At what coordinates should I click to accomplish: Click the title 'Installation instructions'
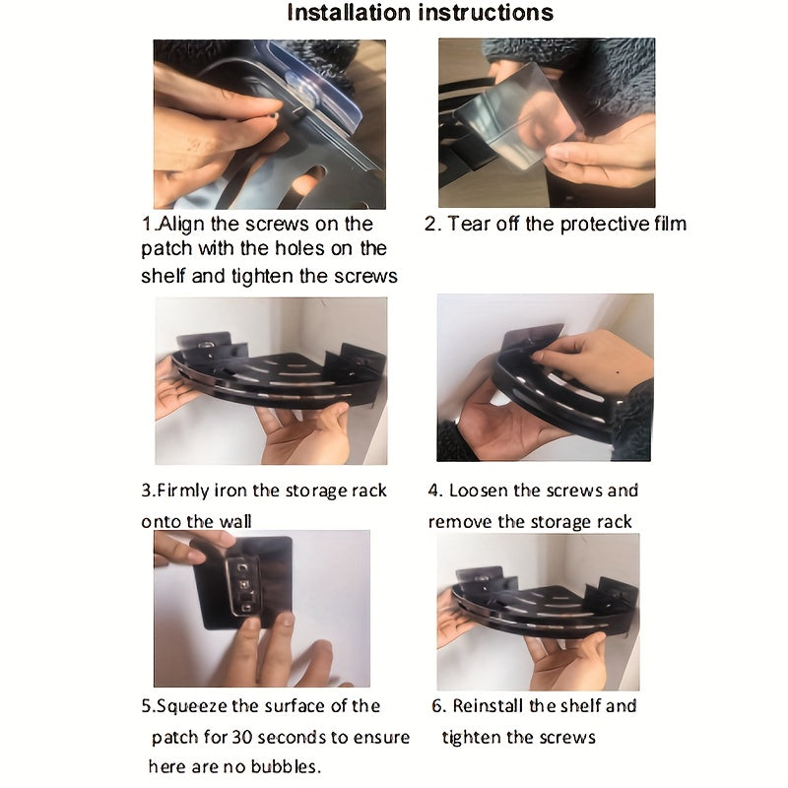421,13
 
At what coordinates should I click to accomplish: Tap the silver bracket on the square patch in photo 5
243,585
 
